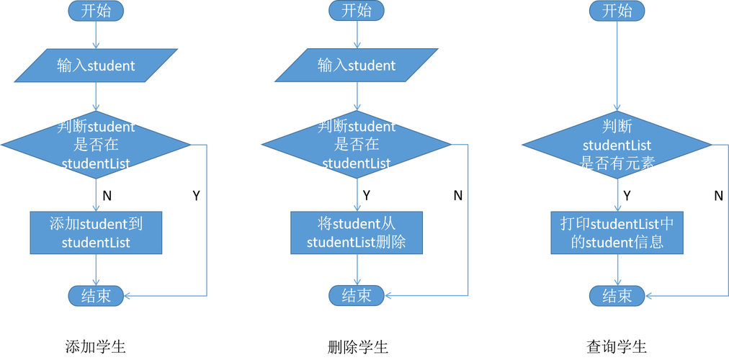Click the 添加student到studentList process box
click(x=96, y=233)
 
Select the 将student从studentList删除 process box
click(x=357, y=233)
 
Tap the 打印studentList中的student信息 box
click(x=617, y=233)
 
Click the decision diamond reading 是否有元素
click(x=617, y=145)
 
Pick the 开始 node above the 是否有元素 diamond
click(x=617, y=11)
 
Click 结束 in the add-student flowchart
click(x=96, y=295)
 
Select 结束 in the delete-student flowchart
click(x=357, y=295)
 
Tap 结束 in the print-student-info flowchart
click(x=617, y=295)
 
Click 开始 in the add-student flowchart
click(x=96, y=11)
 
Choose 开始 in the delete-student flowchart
click(x=357, y=11)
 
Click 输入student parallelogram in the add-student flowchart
click(x=96, y=66)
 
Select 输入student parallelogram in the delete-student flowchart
click(x=357, y=66)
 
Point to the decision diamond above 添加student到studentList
click(x=96, y=145)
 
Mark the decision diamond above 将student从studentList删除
click(x=357, y=145)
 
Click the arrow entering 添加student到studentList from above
click(x=96, y=194)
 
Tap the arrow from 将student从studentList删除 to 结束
click(x=357, y=269)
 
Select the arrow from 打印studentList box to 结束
click(x=617, y=269)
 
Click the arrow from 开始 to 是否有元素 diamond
click(x=617, y=65)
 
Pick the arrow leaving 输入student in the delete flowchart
click(x=357, y=96)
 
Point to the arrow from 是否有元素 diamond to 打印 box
click(x=617, y=194)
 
